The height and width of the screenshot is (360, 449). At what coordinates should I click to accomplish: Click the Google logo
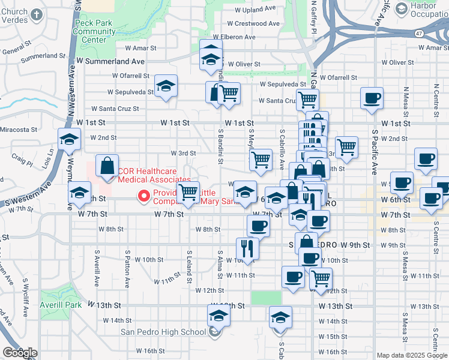[20, 353]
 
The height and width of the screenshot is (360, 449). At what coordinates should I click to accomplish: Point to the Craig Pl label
[22, 157]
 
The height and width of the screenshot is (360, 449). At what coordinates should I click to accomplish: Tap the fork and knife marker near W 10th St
[247, 246]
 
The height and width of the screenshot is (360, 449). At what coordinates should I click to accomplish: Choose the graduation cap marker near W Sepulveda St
[165, 86]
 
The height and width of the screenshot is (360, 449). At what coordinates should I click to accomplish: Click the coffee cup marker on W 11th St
[293, 277]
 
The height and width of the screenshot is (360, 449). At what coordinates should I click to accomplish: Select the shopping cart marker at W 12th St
[321, 278]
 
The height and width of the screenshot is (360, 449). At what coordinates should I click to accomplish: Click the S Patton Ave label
[128, 266]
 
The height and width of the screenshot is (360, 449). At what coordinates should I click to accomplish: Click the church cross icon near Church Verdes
[36, 13]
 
